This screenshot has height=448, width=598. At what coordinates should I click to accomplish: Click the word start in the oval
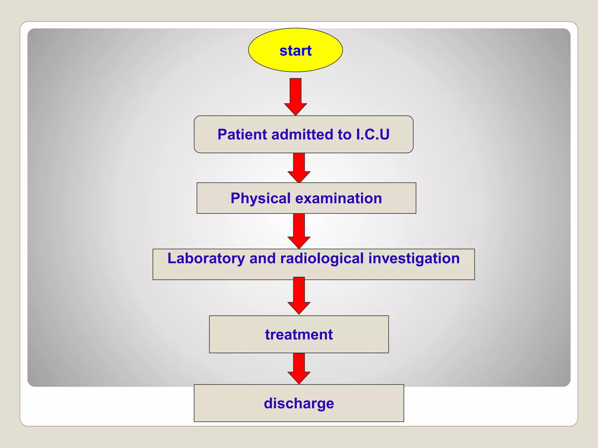pyautogui.click(x=295, y=51)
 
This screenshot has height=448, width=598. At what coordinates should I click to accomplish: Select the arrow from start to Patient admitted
pyautogui.click(x=295, y=96)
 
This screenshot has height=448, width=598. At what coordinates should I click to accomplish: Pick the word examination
pyautogui.click(x=338, y=198)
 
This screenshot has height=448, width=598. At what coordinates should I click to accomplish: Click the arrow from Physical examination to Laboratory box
pyautogui.click(x=299, y=230)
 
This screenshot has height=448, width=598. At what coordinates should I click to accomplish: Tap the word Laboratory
pyautogui.click(x=206, y=258)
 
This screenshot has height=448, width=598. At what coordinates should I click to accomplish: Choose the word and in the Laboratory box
pyautogui.click(x=262, y=258)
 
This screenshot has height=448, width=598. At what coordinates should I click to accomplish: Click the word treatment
pyautogui.click(x=299, y=335)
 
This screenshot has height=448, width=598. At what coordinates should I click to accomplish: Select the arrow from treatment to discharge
pyautogui.click(x=299, y=367)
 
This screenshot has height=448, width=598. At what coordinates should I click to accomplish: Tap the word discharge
pyautogui.click(x=299, y=404)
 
